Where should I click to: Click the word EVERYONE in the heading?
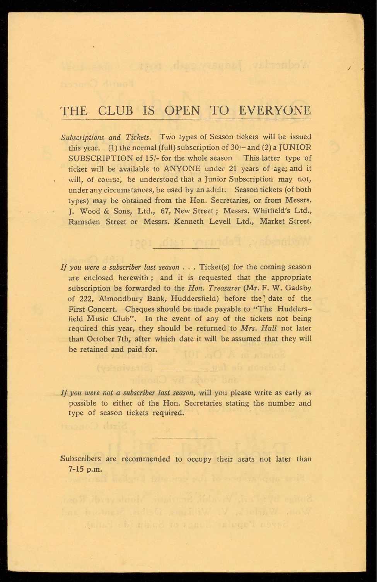point(275,111)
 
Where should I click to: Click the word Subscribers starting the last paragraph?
point(80,459)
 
